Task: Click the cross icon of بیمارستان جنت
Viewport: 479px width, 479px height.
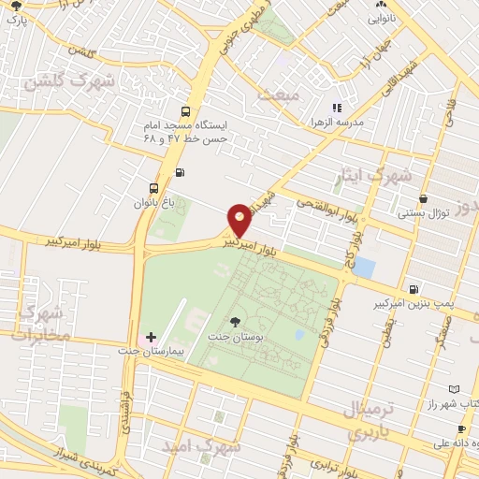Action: pyautogui.click(x=152, y=337)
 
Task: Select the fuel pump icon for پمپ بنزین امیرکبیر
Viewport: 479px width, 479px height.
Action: pyautogui.click(x=414, y=289)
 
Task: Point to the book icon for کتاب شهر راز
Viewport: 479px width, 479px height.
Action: pyautogui.click(x=455, y=388)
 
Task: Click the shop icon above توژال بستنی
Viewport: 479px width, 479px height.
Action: pyautogui.click(x=425, y=198)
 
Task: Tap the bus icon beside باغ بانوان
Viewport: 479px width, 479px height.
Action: pyautogui.click(x=154, y=186)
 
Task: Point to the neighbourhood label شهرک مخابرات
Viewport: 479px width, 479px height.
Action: pyautogui.click(x=45, y=320)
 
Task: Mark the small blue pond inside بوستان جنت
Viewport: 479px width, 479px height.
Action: pyautogui.click(x=298, y=334)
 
